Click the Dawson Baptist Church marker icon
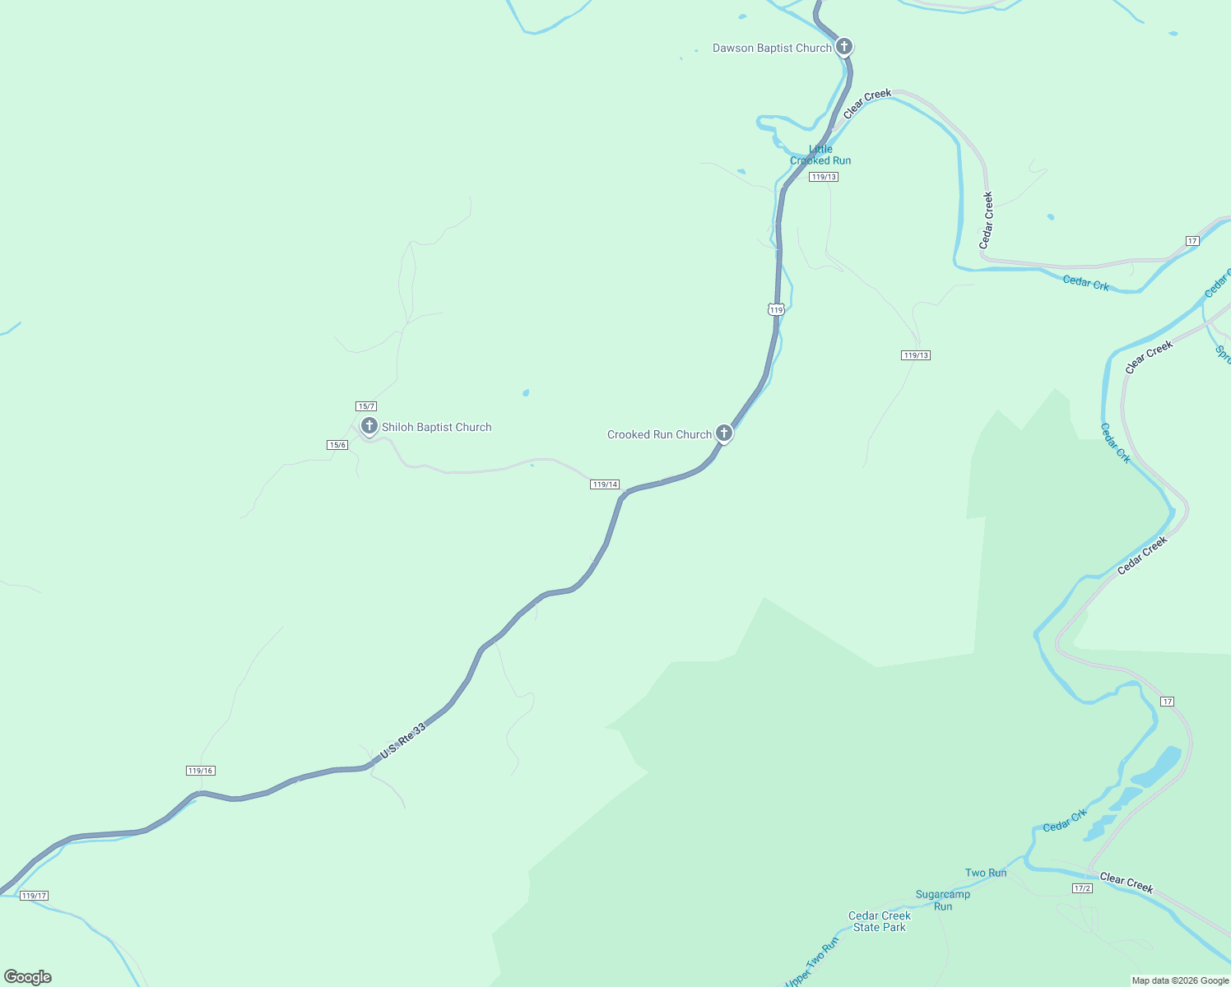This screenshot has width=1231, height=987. pyautogui.click(x=843, y=46)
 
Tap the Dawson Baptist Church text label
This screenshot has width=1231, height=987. pyautogui.click(x=772, y=49)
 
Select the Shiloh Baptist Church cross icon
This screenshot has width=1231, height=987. pyautogui.click(x=369, y=426)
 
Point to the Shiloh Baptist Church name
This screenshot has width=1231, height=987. pyautogui.click(x=436, y=428)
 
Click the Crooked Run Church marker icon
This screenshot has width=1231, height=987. pyautogui.click(x=723, y=433)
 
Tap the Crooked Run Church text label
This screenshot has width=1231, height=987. pyautogui.click(x=659, y=435)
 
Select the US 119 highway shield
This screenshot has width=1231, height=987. pyautogui.click(x=776, y=309)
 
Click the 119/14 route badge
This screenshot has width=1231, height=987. pyautogui.click(x=605, y=484)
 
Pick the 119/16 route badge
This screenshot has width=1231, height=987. pyautogui.click(x=200, y=771)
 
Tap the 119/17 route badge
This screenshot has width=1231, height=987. pyautogui.click(x=35, y=896)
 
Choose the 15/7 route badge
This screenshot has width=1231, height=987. pyautogui.click(x=366, y=406)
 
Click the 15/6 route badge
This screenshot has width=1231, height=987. pyautogui.click(x=337, y=445)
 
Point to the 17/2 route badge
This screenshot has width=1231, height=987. pyautogui.click(x=1082, y=888)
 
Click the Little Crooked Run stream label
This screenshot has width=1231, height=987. pyautogui.click(x=820, y=155)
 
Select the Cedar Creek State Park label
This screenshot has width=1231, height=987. pyautogui.click(x=880, y=921)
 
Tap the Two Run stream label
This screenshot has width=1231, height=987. pyautogui.click(x=986, y=873)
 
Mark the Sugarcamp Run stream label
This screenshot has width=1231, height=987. pyautogui.click(x=943, y=900)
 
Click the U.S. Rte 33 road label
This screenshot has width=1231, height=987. pyautogui.click(x=403, y=740)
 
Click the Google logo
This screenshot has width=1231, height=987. pyautogui.click(x=28, y=977)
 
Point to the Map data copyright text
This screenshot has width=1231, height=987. pyautogui.click(x=1180, y=980)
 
